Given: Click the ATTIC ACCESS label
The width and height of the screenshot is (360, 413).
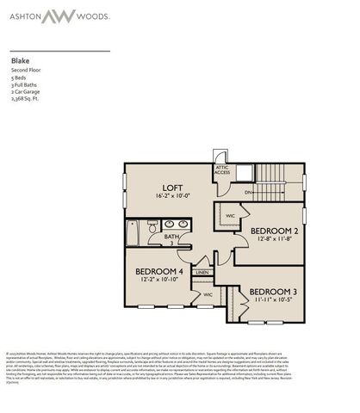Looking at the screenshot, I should (221, 170).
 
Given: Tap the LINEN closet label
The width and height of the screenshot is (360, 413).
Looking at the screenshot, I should (202, 273).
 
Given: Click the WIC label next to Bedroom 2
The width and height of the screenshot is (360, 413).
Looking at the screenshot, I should (230, 215).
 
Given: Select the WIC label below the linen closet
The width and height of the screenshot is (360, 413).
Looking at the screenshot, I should (208, 293).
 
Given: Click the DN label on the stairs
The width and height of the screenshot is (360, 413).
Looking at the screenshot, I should (247, 193).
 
